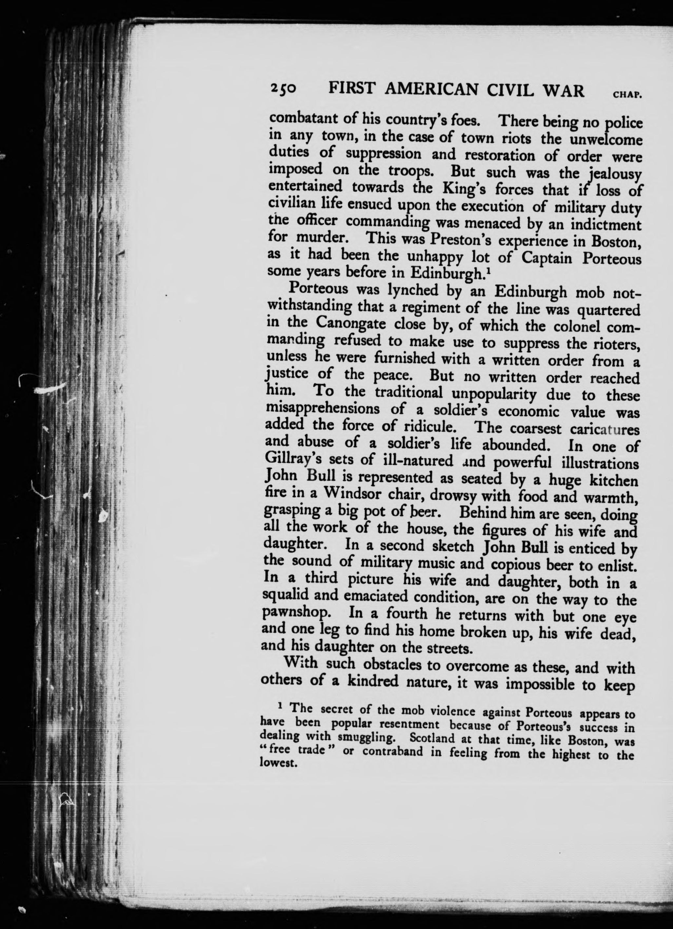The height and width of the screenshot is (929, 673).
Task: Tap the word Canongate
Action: [350, 323]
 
